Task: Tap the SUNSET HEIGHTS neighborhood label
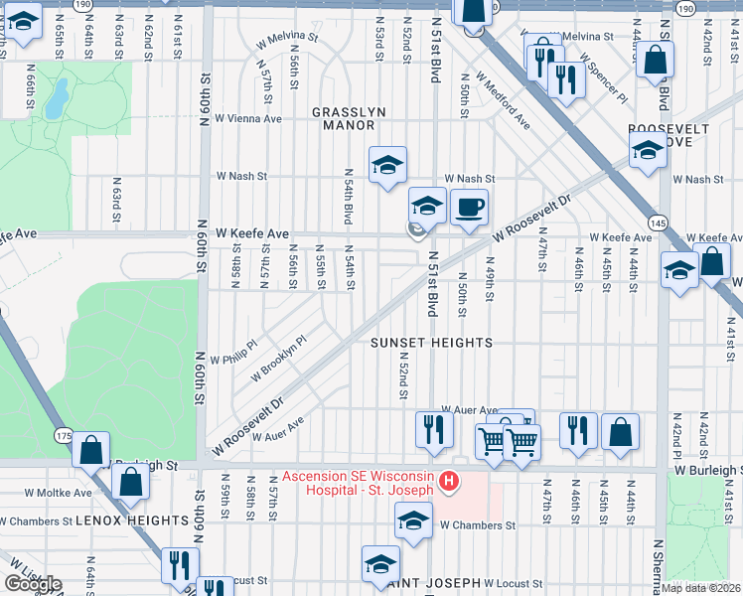(431, 343)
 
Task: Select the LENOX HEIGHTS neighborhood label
(131, 521)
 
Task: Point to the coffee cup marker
(469, 208)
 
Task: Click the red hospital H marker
(449, 482)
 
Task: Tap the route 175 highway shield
(64, 436)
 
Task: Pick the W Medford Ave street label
(502, 100)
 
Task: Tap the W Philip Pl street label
(232, 352)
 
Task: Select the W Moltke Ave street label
(59, 492)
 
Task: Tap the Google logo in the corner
(32, 584)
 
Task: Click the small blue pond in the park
(59, 96)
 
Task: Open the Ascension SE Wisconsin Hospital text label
(358, 482)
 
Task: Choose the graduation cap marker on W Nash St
(388, 164)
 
